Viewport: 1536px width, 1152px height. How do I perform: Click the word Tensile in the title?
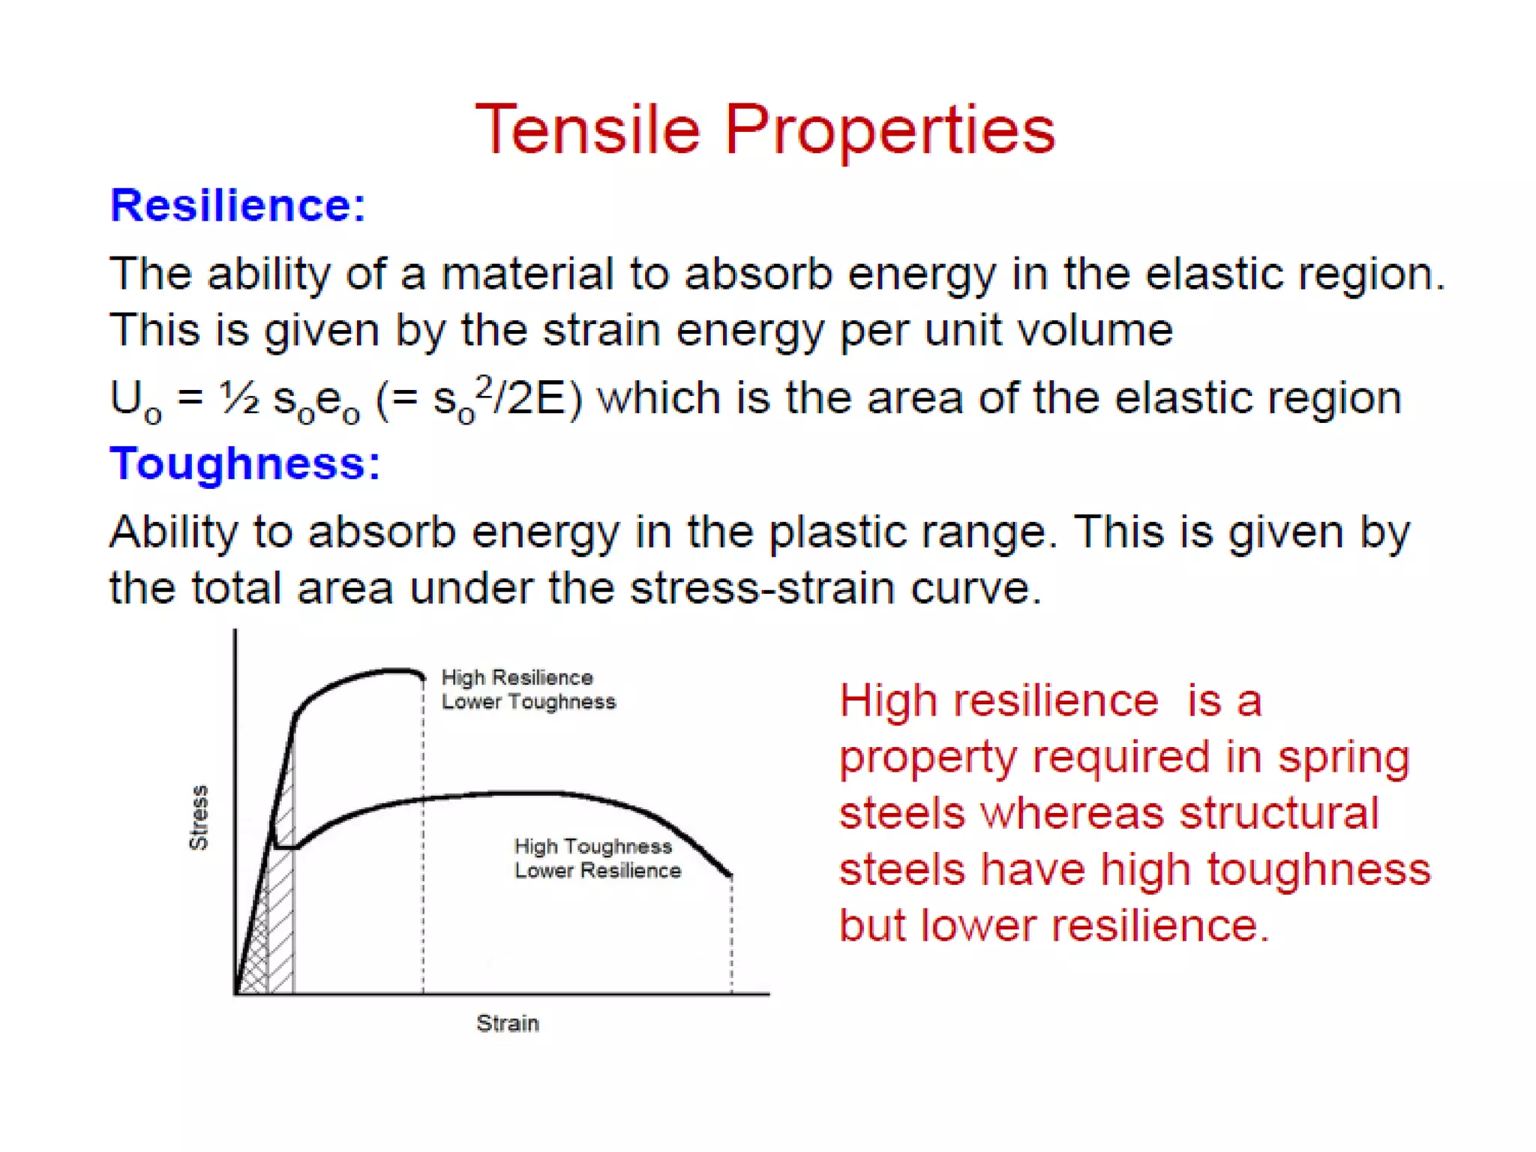(x=588, y=129)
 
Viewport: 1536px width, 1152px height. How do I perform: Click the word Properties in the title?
(x=889, y=130)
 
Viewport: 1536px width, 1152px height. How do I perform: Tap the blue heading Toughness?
(x=244, y=463)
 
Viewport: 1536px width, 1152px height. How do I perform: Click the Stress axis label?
(x=198, y=817)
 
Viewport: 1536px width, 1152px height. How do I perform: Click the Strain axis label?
(x=508, y=1023)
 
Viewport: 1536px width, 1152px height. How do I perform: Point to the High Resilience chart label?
(x=517, y=677)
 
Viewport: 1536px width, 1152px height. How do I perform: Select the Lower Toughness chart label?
(x=528, y=702)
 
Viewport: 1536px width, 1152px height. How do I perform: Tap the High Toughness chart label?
(x=592, y=846)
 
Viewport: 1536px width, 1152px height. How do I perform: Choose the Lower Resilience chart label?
(x=597, y=871)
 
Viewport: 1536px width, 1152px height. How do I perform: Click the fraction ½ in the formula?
(x=239, y=398)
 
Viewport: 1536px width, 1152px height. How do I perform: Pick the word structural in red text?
(x=1279, y=813)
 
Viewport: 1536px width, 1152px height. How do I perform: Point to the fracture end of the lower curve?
(x=730, y=874)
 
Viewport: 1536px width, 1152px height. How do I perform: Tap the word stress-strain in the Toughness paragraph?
(x=761, y=588)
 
